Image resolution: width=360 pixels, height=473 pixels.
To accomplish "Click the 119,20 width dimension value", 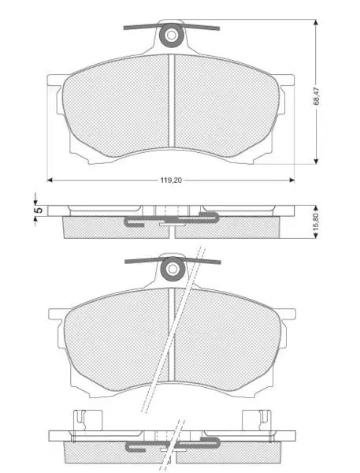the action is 171,180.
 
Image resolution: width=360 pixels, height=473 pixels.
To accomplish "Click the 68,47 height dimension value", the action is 316,96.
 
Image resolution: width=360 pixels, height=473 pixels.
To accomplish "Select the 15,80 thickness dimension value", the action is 316,222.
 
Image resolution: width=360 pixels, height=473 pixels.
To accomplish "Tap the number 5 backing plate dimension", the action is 39,210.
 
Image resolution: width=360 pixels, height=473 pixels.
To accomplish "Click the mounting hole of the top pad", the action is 172,35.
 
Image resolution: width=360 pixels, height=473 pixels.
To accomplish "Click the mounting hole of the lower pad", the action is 173,269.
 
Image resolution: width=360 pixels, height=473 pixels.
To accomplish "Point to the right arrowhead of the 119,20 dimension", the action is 291,180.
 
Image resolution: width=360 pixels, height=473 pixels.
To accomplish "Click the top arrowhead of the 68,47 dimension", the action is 316,23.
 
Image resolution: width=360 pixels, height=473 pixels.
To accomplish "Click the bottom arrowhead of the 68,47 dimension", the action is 316,161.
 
